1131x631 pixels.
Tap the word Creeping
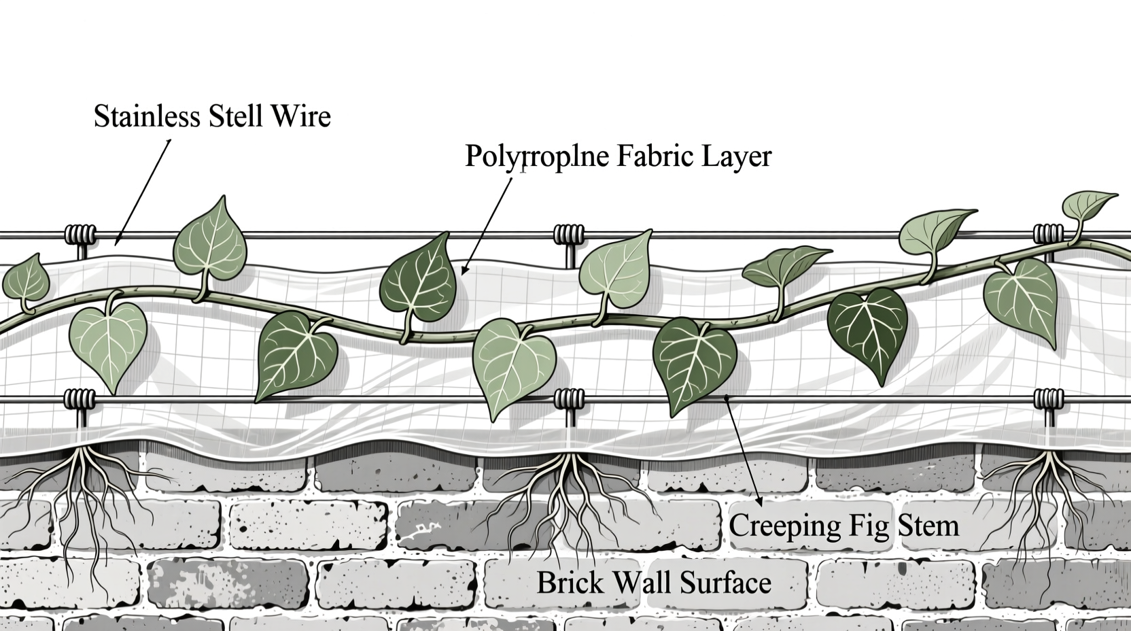[785, 526]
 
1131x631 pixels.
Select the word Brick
[570, 582]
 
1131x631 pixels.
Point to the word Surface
[725, 582]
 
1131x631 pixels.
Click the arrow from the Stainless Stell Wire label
[142, 192]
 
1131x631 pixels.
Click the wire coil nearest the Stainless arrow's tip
[80, 234]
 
